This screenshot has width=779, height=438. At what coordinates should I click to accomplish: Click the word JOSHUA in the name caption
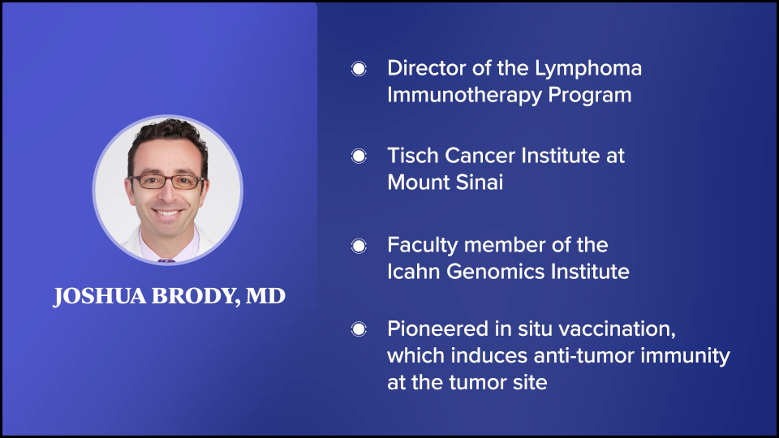[x=100, y=296]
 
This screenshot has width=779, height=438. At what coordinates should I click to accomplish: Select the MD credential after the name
[x=266, y=296]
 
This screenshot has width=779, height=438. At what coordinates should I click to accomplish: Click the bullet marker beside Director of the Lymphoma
[x=359, y=68]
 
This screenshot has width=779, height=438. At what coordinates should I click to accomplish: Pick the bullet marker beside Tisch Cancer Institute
[x=359, y=156]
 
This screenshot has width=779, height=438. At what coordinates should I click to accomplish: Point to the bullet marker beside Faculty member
[x=359, y=246]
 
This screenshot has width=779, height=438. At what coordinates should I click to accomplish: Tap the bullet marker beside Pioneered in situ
[x=359, y=329]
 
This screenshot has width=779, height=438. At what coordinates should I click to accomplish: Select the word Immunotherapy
[x=464, y=96]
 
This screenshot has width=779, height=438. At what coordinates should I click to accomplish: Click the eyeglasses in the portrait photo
[x=166, y=182]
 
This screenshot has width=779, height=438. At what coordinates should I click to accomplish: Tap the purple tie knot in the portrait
[x=166, y=260]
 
